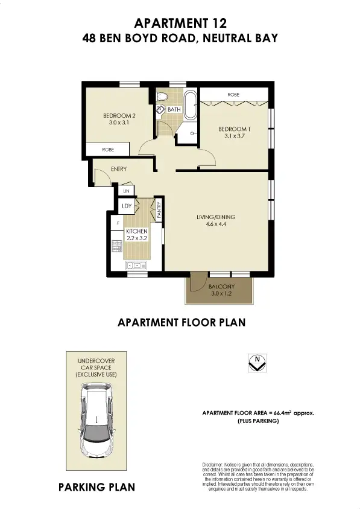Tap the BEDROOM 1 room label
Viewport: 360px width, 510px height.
[x=234, y=129]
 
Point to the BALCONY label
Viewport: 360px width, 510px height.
[x=221, y=287]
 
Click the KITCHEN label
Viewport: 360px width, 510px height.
[x=136, y=231]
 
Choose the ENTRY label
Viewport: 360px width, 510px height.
[x=119, y=169]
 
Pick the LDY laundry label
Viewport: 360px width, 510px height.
[x=127, y=206]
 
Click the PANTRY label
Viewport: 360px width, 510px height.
[x=159, y=209]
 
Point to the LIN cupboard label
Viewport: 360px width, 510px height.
[x=127, y=191]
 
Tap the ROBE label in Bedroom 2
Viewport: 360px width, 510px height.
[x=109, y=149]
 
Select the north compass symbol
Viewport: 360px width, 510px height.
[x=257, y=363]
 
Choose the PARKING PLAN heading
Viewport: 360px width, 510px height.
[x=96, y=487]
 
